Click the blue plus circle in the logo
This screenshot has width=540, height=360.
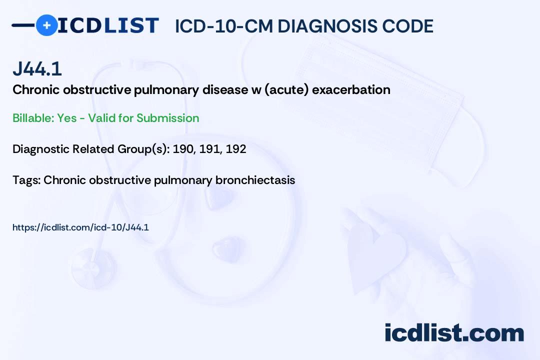point(47,25)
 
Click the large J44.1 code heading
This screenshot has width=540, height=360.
point(37,68)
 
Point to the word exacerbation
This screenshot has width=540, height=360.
point(351,89)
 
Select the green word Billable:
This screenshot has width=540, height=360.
point(33,118)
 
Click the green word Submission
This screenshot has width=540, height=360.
point(167,118)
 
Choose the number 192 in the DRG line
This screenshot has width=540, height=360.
point(236,149)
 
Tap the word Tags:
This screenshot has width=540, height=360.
point(26,180)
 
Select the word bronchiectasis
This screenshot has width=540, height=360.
point(255,180)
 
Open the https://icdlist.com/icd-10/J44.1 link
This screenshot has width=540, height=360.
point(80,227)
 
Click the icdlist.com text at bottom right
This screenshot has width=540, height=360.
point(454,333)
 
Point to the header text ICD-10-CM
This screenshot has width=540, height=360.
point(224,26)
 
